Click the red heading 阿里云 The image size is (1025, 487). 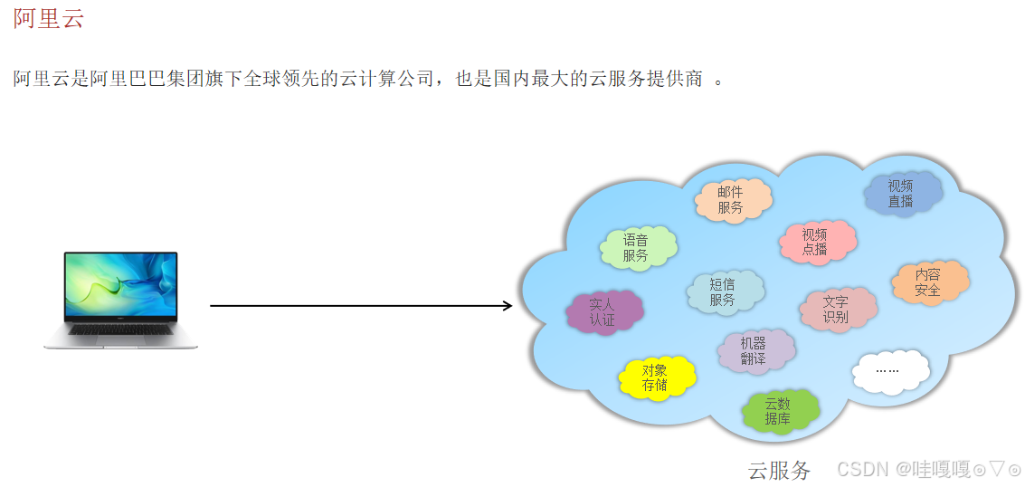pos(49,18)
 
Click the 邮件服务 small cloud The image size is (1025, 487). pos(732,200)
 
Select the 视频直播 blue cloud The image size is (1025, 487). pos(901,194)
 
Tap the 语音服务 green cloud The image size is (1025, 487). pos(637,248)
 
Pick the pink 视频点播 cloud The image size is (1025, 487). pos(816,242)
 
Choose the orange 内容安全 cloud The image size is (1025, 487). pos(929,282)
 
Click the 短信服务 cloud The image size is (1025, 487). pos(724,292)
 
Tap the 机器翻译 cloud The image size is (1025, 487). pos(755,351)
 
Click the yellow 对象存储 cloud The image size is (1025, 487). pos(657,377)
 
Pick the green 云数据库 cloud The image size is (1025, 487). pos(779,412)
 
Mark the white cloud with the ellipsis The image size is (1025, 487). pos(889,370)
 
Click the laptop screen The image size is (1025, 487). pos(121,285)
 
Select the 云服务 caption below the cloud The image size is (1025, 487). pos(780,470)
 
